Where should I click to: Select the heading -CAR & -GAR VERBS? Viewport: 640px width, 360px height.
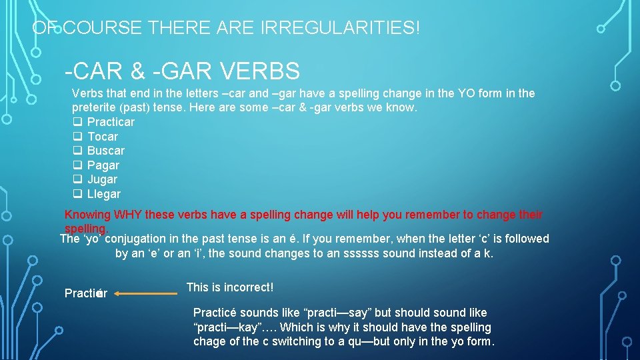point(182,70)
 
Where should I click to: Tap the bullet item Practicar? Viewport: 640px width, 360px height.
point(111,122)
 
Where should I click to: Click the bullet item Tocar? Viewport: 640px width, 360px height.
point(103,137)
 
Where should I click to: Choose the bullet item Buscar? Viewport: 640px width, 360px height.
point(105,151)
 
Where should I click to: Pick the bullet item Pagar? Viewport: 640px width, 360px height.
point(103,165)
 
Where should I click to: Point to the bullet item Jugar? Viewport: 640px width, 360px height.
point(102,179)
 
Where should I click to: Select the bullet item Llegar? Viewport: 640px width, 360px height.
point(104,194)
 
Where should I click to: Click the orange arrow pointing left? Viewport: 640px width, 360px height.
point(150,293)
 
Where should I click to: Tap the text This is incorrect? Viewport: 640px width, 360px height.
point(230,287)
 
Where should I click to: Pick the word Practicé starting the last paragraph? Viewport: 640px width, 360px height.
point(215,313)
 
